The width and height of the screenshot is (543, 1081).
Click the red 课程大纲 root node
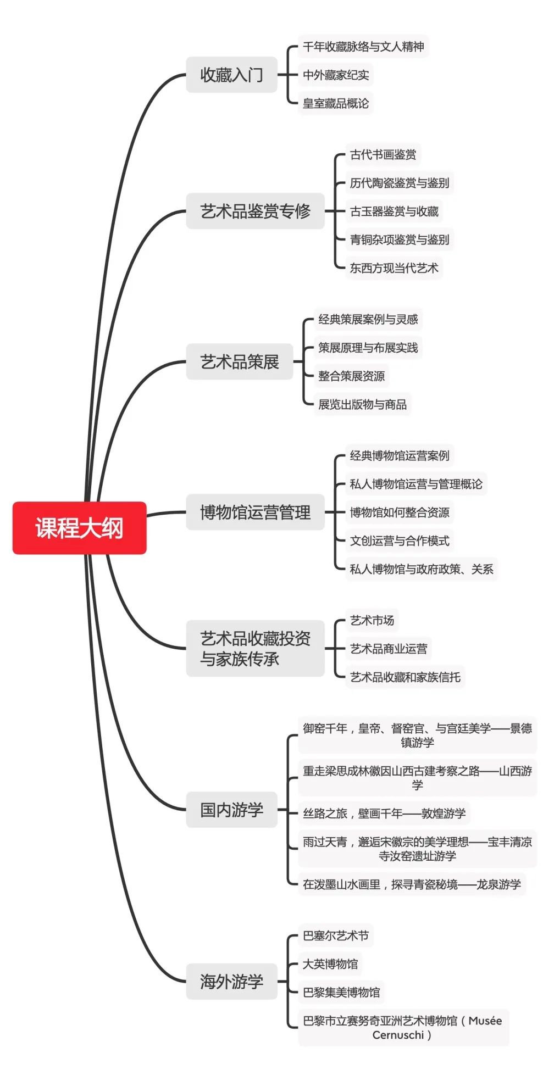pos(79,527)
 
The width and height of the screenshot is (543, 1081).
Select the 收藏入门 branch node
pos(231,75)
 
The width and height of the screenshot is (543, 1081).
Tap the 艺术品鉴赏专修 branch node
pos(255,211)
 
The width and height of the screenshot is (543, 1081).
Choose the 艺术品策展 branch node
pos(240,361)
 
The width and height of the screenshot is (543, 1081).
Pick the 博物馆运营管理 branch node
pos(255,512)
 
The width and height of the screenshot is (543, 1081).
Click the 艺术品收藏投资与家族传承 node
pos(255,648)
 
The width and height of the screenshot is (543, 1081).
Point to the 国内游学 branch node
pos(231,810)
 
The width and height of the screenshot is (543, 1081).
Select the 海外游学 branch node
pos(231,981)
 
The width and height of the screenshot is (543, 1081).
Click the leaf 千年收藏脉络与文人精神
pos(363,46)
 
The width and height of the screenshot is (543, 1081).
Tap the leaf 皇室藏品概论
pos(336,103)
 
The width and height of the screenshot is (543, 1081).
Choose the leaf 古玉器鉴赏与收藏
pos(394,211)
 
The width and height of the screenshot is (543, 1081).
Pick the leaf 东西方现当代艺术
pos(394,268)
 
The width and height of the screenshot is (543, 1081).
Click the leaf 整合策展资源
pos(351,376)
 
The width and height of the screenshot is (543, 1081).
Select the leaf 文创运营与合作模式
pos(400,540)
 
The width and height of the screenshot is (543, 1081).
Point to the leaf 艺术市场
pos(372,620)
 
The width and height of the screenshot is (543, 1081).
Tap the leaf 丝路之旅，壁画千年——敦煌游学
pos(384,813)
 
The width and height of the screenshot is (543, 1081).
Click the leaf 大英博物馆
pos(330,963)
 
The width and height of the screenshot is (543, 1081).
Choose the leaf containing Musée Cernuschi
pos(403,1027)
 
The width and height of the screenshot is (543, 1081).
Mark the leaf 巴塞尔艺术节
pos(336,935)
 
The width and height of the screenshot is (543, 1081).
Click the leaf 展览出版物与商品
pos(362,404)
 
